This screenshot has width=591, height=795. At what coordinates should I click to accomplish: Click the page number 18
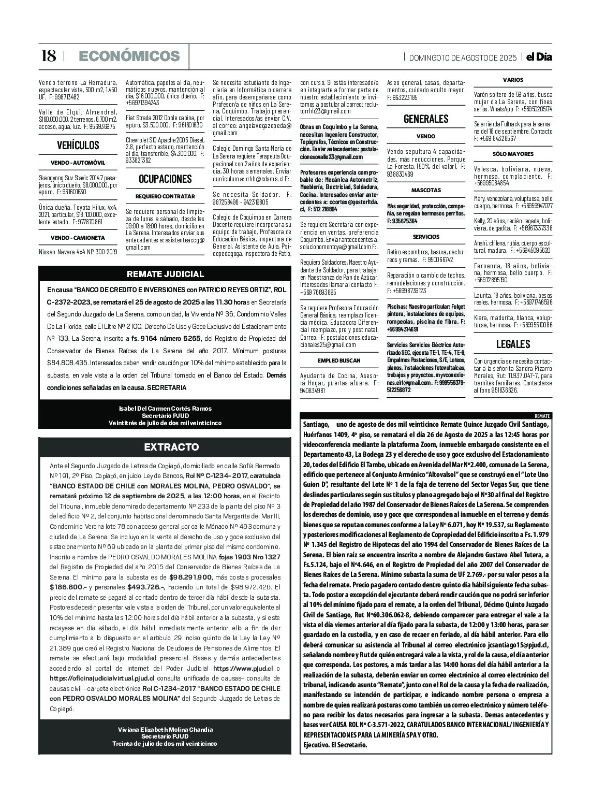pos(48,56)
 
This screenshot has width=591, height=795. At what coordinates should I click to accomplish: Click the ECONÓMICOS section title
pos(129,56)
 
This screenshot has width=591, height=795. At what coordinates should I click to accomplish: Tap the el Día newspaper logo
pos(539,57)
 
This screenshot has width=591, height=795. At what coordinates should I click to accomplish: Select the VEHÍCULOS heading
pos(78,145)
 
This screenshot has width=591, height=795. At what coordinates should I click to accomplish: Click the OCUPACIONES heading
pos(165,179)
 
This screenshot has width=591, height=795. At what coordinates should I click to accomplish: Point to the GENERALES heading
pos(425,119)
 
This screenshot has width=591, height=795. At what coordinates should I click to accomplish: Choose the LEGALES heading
pos(513,344)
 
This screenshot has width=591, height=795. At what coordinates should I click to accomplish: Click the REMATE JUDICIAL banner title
pos(165,274)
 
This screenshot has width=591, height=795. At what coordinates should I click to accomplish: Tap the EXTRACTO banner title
pos(165,447)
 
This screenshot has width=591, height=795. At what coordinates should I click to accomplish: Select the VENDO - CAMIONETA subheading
pos(78,238)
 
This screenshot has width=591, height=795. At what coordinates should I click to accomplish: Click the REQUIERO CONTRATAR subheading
pos(165,196)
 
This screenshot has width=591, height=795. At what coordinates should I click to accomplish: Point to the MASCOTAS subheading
pos(426,190)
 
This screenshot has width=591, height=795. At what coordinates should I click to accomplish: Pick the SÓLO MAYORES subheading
pos(513,154)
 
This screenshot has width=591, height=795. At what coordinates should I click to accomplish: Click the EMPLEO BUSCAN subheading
pos(339,360)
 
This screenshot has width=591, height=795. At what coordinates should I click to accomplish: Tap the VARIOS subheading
pos(513,80)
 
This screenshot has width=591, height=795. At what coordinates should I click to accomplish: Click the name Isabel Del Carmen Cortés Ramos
pos(165,409)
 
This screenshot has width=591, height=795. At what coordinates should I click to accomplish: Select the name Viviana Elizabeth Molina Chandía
pos(165,729)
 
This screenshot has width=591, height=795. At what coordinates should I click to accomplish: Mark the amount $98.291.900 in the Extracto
pos(190,576)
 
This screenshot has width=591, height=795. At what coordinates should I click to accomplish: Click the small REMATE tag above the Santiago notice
pos(542,416)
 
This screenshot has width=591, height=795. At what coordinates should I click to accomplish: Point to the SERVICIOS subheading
pos(426,237)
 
